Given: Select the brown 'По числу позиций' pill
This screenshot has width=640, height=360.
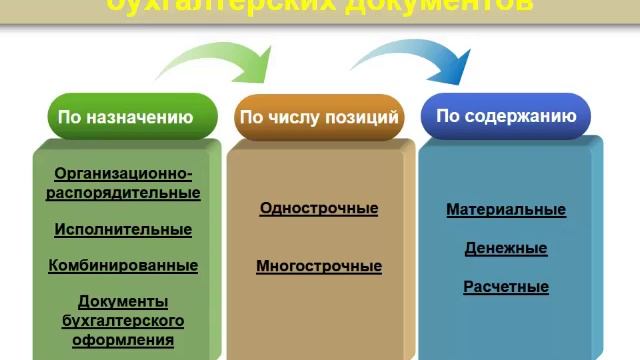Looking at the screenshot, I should coord(319,117).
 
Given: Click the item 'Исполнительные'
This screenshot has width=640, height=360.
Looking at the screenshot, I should coord(123,229).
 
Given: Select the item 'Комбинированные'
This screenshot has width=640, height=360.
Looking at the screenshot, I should coord(123,265).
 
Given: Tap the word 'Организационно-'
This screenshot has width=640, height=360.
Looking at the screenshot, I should coord(123,173).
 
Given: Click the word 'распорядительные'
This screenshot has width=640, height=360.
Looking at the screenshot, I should coord(123,192).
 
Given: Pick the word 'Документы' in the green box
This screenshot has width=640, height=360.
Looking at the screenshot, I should coord(123,301).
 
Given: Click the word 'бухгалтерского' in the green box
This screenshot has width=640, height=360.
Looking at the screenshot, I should coord(123,320).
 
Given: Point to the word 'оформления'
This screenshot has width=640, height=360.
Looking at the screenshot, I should coord(123,339).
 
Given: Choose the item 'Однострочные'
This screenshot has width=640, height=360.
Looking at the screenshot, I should coord(319,208).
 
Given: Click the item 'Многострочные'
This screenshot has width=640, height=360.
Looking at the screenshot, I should coord(319,266).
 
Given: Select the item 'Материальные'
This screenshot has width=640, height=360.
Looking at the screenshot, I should coord(506,210).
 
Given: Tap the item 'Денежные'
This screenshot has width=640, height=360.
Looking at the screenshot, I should coord(506,248).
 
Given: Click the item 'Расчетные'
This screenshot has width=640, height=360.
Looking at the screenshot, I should coord(506,286).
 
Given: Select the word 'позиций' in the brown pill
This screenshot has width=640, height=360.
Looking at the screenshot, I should coord(367,117).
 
